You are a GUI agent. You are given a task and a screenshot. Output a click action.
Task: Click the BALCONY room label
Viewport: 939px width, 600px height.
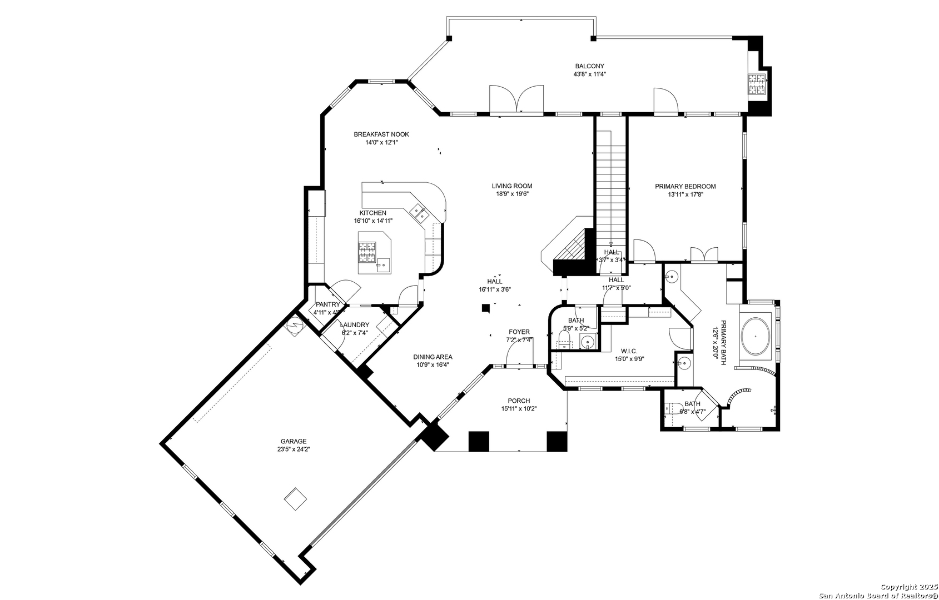point(589,66)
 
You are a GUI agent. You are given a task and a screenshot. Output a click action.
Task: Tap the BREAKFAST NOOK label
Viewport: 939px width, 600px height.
point(381,134)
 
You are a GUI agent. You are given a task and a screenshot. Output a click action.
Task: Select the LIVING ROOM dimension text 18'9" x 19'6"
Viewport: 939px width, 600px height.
point(512,194)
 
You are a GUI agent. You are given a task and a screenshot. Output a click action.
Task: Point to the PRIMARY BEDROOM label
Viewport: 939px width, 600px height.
point(685,187)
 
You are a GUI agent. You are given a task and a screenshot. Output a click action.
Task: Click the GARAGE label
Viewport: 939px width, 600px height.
point(294,441)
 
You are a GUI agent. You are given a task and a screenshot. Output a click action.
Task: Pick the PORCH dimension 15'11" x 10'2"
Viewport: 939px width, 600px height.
point(519,409)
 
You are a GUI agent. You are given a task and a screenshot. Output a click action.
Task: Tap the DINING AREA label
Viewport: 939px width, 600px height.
point(433,357)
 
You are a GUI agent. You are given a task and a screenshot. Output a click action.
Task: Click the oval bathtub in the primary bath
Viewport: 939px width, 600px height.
point(756,337)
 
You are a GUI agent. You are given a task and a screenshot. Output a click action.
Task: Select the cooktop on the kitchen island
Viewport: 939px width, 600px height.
point(367,252)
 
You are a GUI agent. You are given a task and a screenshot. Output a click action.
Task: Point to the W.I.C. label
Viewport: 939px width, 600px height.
point(629,351)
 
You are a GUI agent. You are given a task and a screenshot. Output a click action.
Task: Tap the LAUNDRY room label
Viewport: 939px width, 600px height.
point(355,324)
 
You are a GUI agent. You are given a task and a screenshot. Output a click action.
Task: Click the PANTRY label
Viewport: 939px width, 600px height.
point(328,304)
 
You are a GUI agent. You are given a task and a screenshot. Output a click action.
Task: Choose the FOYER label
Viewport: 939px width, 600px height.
point(519,332)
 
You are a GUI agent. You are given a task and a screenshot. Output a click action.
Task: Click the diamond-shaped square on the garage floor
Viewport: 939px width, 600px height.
point(295,498)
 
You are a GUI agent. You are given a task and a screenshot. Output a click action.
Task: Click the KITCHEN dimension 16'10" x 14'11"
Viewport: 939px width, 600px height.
point(373,221)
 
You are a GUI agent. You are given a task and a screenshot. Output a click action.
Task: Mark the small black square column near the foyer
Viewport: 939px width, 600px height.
point(485,308)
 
